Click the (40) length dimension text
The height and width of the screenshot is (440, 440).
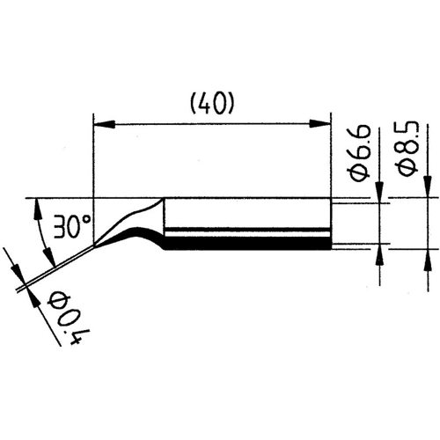[x=209, y=103]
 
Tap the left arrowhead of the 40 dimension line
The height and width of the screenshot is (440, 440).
[x=99, y=122]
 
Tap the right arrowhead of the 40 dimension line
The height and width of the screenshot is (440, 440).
[x=324, y=122]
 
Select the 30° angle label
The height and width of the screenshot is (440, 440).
[x=67, y=228]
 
